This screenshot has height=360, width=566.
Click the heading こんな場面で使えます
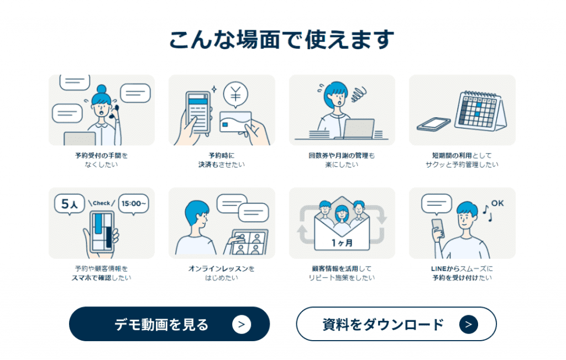[282, 40]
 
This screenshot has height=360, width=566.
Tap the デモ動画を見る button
[169, 324]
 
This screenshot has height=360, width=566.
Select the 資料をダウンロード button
[396, 324]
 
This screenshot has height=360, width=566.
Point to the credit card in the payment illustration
[235, 124]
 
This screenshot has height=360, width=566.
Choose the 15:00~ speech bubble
[134, 204]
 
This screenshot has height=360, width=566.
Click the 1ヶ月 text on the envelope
[342, 243]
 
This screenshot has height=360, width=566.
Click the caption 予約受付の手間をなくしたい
[101, 160]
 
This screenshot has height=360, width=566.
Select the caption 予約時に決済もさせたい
[221, 160]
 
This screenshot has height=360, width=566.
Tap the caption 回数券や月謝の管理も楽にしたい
[342, 160]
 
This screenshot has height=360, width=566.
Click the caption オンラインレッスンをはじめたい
[221, 273]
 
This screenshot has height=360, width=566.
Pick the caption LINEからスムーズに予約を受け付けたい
[462, 273]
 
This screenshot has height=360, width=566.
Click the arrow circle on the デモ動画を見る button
[242, 324]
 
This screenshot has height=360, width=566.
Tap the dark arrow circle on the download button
[468, 324]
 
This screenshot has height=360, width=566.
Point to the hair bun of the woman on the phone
[102, 88]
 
